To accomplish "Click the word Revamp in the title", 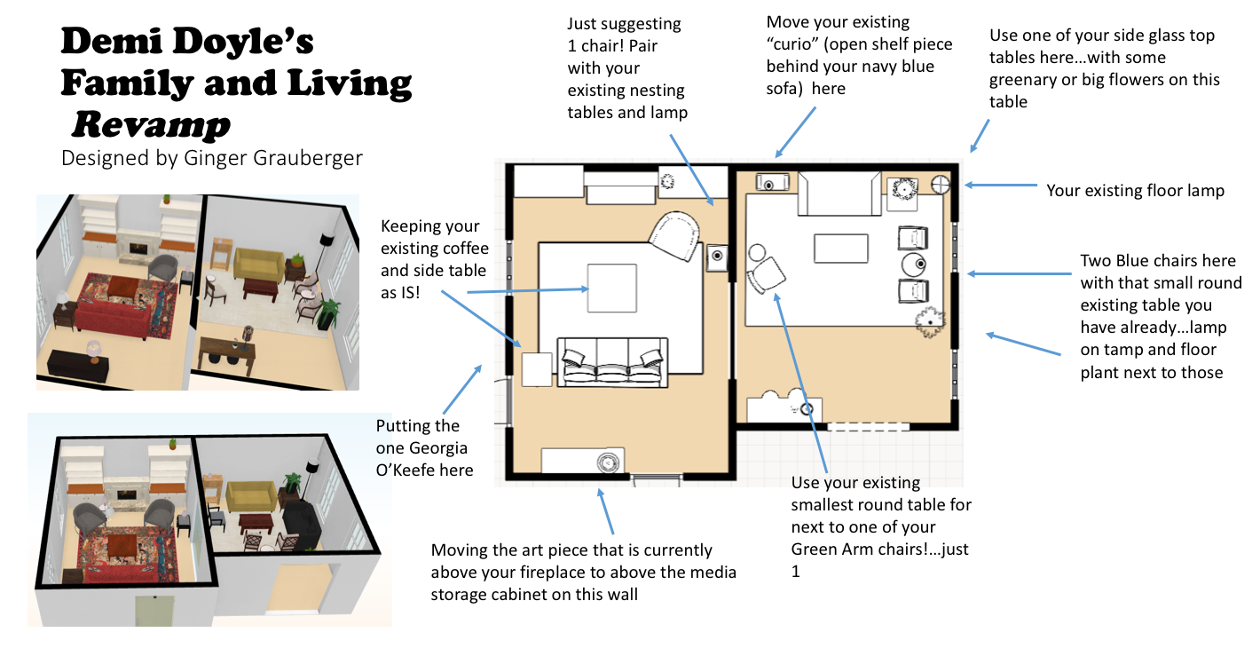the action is (150, 125).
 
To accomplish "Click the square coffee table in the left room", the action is (611, 288).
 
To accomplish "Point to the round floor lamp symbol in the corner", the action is (941, 185).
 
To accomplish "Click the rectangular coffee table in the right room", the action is (840, 249).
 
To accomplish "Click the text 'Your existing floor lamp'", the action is (1135, 190).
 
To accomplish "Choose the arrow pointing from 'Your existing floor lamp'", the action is (1001, 186).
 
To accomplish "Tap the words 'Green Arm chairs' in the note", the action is (879, 549).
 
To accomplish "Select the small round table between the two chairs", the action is (914, 264).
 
